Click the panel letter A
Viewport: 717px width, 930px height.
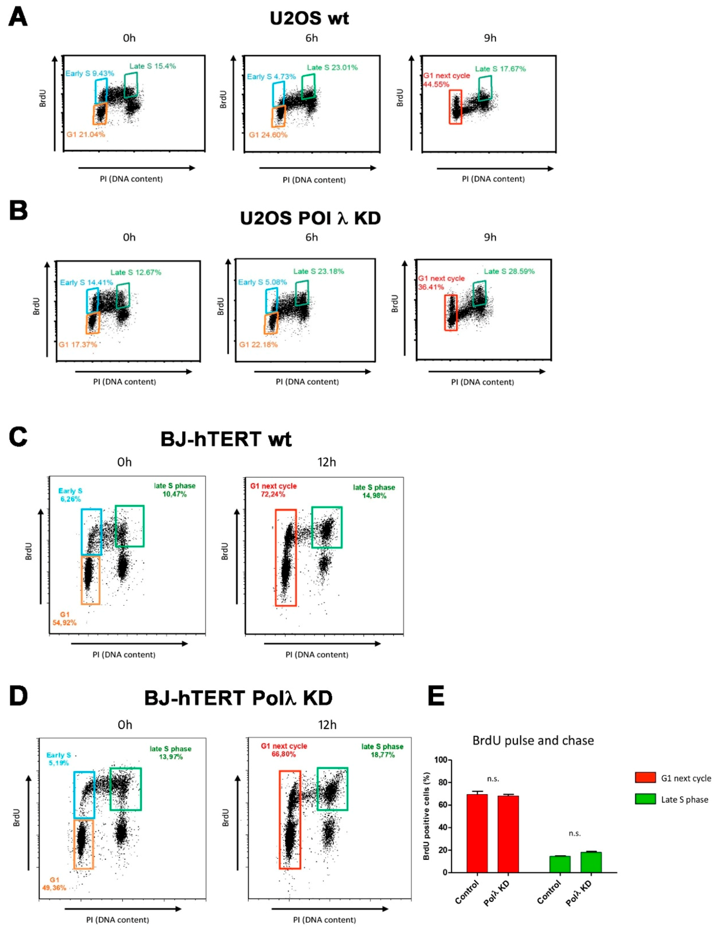(x=18, y=18)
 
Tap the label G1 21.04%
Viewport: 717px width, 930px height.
(x=86, y=135)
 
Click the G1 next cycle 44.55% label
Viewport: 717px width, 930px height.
(x=446, y=80)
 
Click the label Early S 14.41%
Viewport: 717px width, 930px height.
(x=86, y=282)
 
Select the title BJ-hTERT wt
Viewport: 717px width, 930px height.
(x=226, y=439)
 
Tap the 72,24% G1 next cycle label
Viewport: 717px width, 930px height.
(x=273, y=490)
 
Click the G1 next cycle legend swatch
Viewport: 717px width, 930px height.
(x=645, y=778)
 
